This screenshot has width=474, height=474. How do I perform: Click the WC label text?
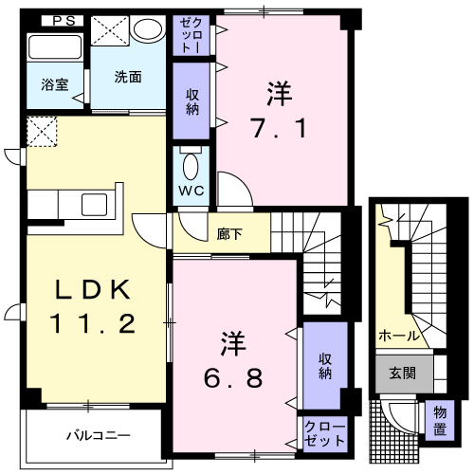coord(192,189)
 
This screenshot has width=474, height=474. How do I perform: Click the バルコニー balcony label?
coord(98,437)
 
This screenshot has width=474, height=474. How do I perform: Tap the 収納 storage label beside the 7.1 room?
coord(192,100)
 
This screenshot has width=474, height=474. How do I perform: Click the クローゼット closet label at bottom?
coord(324,434)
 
